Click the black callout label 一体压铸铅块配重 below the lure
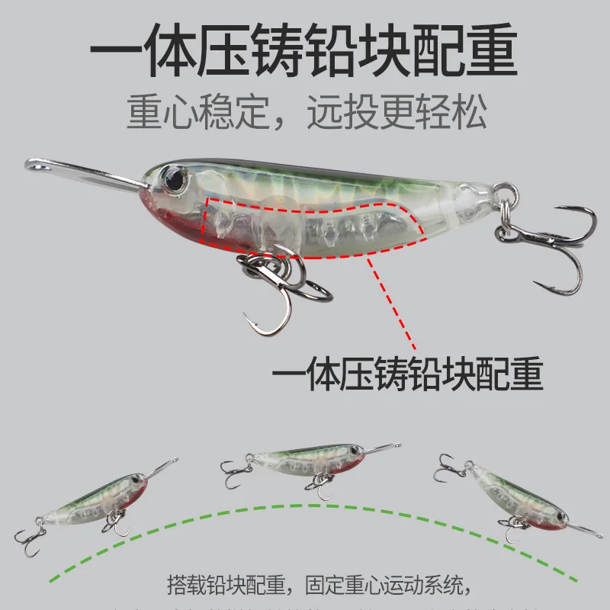point(407,375)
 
